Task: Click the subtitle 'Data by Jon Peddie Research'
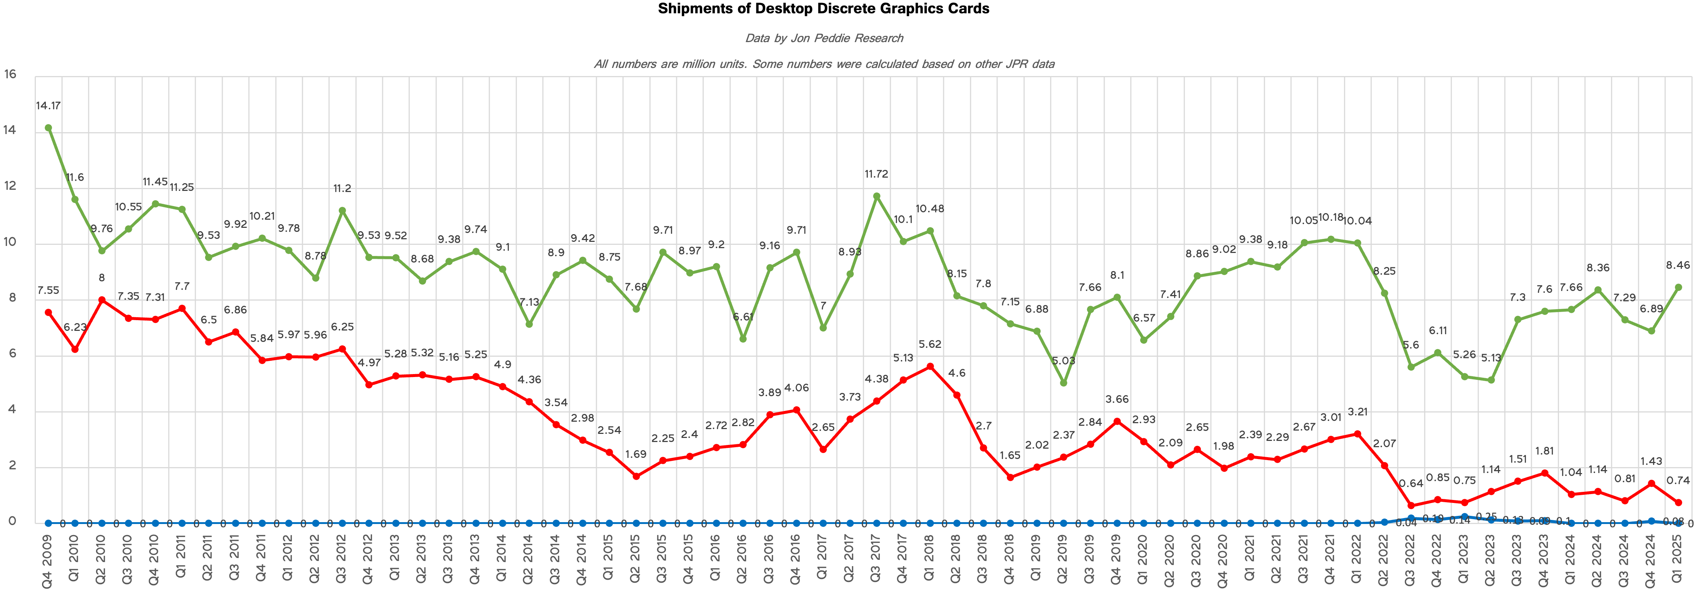click(x=824, y=38)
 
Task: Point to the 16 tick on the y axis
click(x=10, y=75)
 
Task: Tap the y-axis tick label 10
click(x=10, y=242)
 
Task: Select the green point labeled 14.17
click(x=48, y=129)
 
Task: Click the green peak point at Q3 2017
click(x=876, y=196)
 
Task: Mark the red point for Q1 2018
click(x=930, y=367)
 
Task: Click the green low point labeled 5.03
click(x=1063, y=383)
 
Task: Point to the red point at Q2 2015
click(x=636, y=476)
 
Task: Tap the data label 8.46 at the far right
click(x=1678, y=266)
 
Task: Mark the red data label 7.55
click(x=48, y=290)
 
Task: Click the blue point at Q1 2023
click(x=1464, y=517)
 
